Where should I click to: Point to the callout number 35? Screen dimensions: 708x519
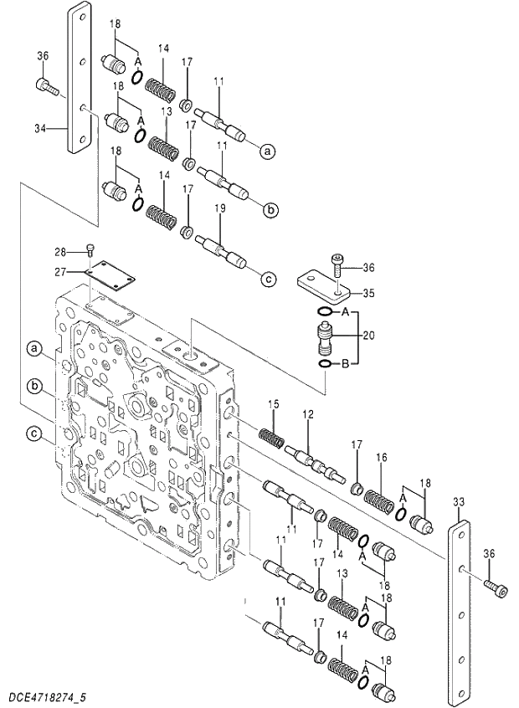(368, 293)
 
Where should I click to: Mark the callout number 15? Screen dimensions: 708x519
(273, 406)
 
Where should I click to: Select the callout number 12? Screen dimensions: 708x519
(307, 415)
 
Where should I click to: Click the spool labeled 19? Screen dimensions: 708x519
(223, 252)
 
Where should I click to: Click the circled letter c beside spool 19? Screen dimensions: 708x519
(268, 280)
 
